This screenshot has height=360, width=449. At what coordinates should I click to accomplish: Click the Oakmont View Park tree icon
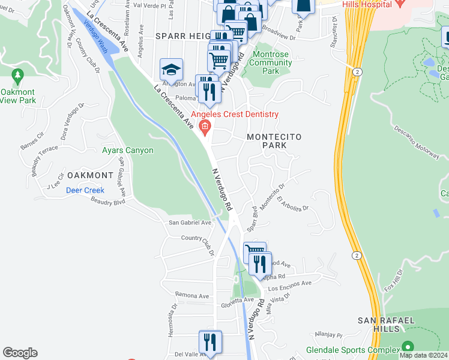pos(18,75)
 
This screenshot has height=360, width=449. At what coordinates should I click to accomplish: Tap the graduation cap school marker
pos(171,70)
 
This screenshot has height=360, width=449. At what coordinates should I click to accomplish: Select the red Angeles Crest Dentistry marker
pos(205,126)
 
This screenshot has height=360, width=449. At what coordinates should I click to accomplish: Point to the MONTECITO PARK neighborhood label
pos(274,142)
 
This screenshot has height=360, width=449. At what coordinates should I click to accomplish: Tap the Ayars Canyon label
pos(127,151)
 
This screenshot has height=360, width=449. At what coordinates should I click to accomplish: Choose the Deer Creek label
pos(85,190)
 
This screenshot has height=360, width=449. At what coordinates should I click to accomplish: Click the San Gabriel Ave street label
pos(190,223)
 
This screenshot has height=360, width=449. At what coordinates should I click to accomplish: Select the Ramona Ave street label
pos(191,295)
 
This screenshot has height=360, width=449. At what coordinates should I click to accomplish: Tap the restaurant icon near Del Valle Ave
pos(210,342)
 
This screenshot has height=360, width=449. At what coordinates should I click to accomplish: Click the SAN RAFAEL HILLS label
pos(385,325)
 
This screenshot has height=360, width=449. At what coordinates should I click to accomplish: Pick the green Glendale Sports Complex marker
pos(408,347)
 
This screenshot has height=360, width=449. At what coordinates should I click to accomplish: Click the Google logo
pos(20,353)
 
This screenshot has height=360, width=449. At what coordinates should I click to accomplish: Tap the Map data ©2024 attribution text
pos(423,355)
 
